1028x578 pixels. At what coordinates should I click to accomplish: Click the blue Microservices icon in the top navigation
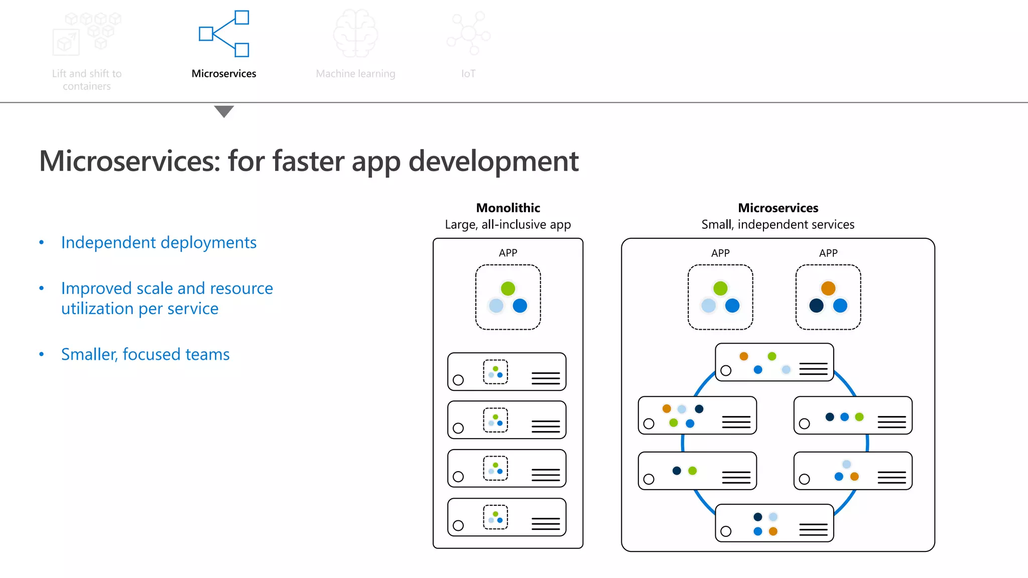point(224,34)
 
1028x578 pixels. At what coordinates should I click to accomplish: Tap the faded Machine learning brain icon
point(355,33)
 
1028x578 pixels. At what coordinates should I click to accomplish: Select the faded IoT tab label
point(468,74)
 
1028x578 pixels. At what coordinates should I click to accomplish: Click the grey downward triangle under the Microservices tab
point(224,111)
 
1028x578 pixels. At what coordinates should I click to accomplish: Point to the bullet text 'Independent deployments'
point(159,242)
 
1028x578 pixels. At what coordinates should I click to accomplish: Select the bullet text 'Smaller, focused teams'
point(145,354)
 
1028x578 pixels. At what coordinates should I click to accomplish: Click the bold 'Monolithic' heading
point(508,208)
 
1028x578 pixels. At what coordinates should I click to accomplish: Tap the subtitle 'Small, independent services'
point(778,224)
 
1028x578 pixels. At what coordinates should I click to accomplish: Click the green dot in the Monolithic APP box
point(508,288)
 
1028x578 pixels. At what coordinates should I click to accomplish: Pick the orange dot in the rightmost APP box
point(828,288)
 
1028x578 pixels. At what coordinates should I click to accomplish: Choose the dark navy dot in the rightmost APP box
point(816,306)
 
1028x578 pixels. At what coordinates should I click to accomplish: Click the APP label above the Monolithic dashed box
point(508,253)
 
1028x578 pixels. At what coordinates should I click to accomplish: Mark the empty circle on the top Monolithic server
point(458,380)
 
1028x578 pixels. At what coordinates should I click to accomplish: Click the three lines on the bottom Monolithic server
point(546,524)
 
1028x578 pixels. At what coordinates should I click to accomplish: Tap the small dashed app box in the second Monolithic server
point(495,420)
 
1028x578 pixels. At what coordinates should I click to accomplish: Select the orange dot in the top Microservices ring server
point(744,356)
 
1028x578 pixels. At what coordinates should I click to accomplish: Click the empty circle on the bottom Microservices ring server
point(726,531)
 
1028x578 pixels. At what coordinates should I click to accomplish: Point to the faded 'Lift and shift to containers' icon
point(86,33)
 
